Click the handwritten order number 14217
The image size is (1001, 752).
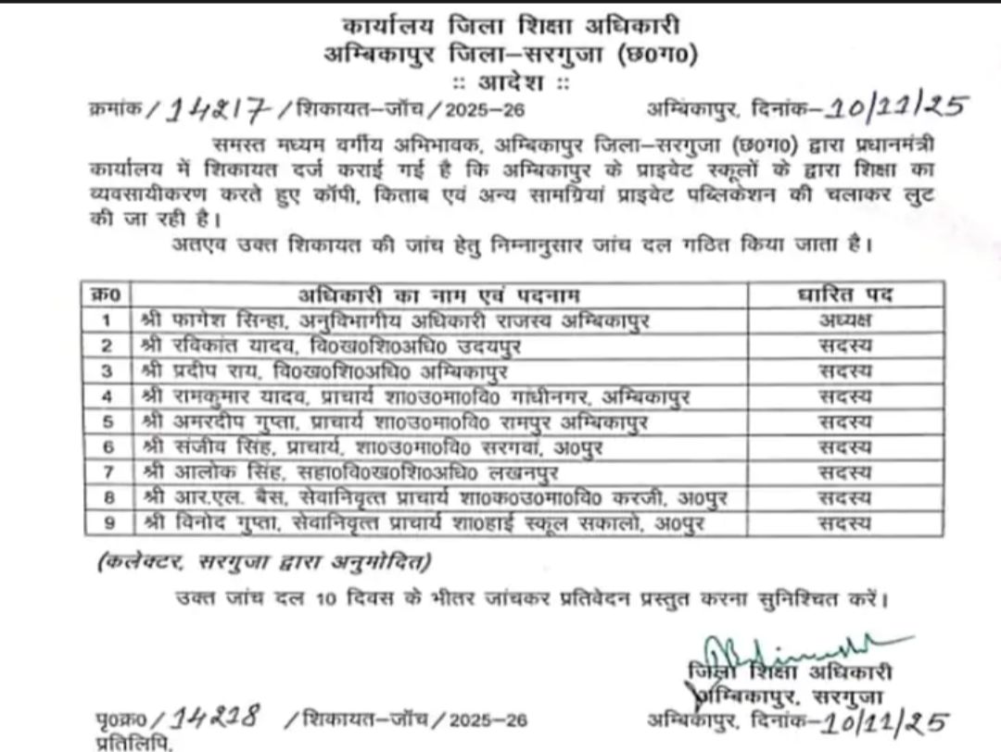pos(218,110)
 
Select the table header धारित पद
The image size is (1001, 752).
pos(844,295)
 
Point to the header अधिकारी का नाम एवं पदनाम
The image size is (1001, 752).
pos(438,295)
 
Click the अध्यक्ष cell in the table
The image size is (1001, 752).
pos(844,320)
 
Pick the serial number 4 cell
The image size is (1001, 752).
pos(108,397)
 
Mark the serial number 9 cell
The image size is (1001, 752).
pos(108,523)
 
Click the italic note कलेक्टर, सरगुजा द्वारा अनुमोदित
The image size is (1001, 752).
pos(264,561)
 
